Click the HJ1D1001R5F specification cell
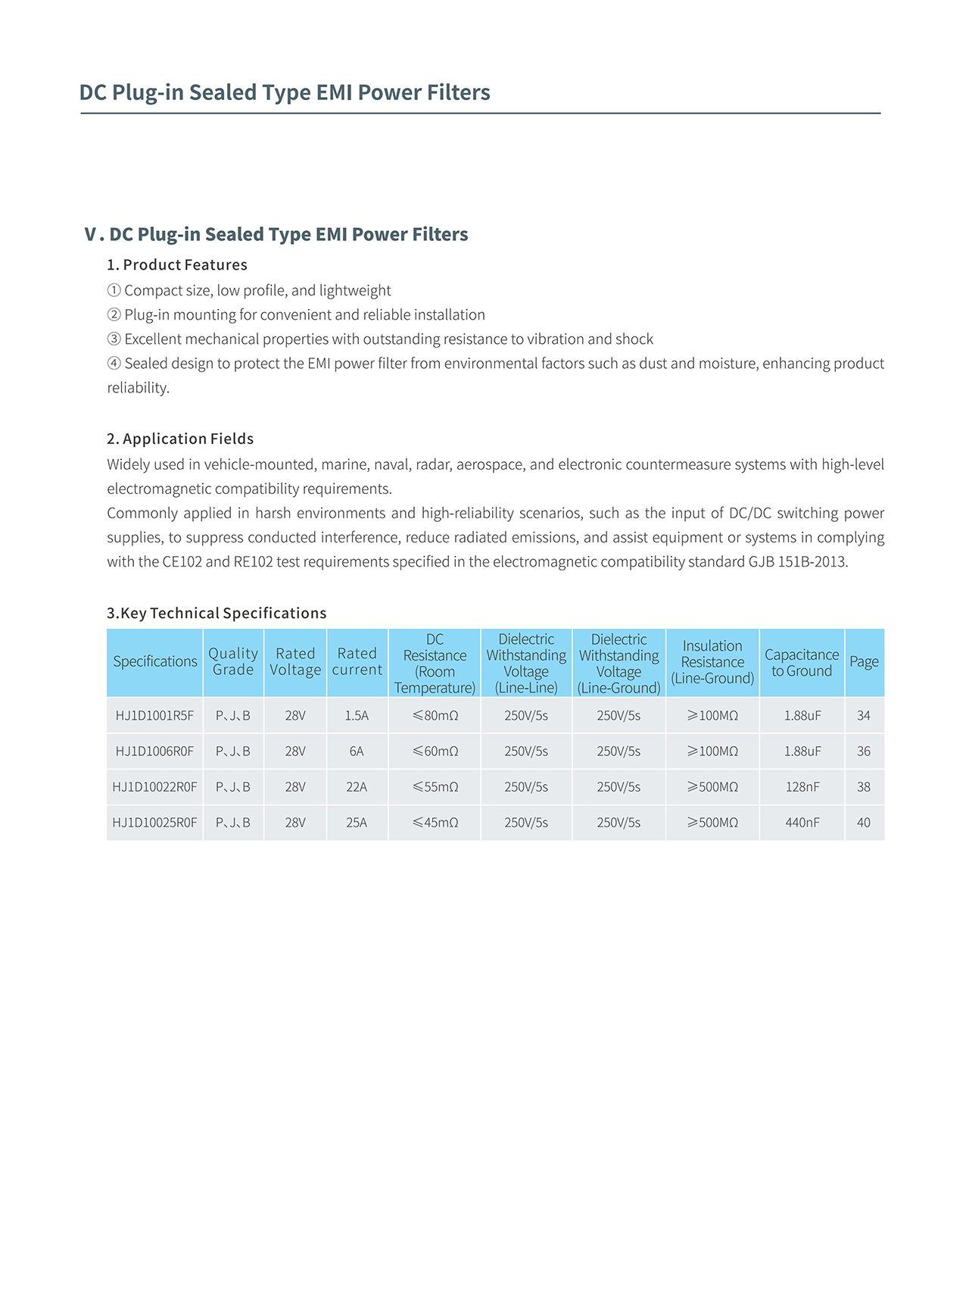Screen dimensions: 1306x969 154,715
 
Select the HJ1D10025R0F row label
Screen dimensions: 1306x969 154,823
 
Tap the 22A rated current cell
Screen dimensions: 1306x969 357,787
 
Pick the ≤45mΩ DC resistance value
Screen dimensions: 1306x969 435,823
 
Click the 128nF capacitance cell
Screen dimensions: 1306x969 802,787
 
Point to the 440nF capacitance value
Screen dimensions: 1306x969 802,823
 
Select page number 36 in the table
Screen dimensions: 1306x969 864,751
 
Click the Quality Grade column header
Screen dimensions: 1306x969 233,661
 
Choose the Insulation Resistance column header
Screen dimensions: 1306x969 712,662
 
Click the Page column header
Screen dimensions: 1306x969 864,662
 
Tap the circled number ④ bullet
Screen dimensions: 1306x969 114,364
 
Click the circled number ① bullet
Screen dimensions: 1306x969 114,291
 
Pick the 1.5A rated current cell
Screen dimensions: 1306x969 357,715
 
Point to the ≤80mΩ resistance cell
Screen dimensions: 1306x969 435,715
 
